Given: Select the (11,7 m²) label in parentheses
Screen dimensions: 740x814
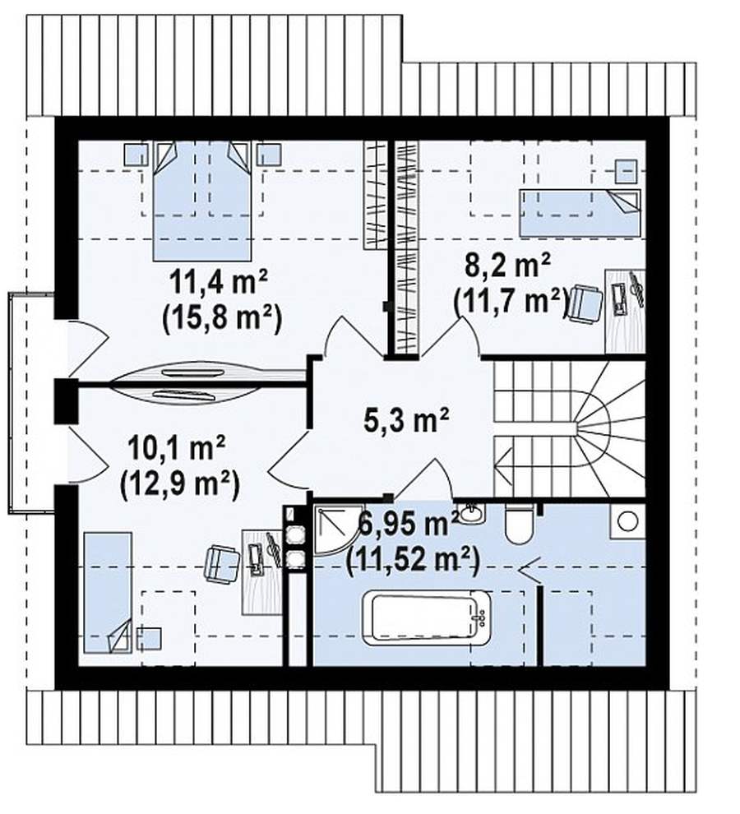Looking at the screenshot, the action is tap(510, 301).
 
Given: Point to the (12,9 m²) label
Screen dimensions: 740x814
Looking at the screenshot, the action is tap(180, 483).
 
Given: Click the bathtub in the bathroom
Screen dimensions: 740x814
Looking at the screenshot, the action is tap(430, 617).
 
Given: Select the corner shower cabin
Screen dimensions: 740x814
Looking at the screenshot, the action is tap(332, 529).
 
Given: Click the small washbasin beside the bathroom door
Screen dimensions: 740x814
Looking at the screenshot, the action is tap(471, 513).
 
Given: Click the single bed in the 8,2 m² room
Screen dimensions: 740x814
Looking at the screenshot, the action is tap(580, 213).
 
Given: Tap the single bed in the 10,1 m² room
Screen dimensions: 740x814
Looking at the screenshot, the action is tap(108, 592).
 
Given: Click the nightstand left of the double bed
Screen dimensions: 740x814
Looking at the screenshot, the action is tap(136, 155).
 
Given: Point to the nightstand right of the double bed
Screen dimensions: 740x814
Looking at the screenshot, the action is tap(269, 155).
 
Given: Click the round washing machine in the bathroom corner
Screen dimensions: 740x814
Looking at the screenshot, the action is tap(629, 521).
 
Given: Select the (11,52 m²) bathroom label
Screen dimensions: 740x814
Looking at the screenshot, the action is tap(412, 558).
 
